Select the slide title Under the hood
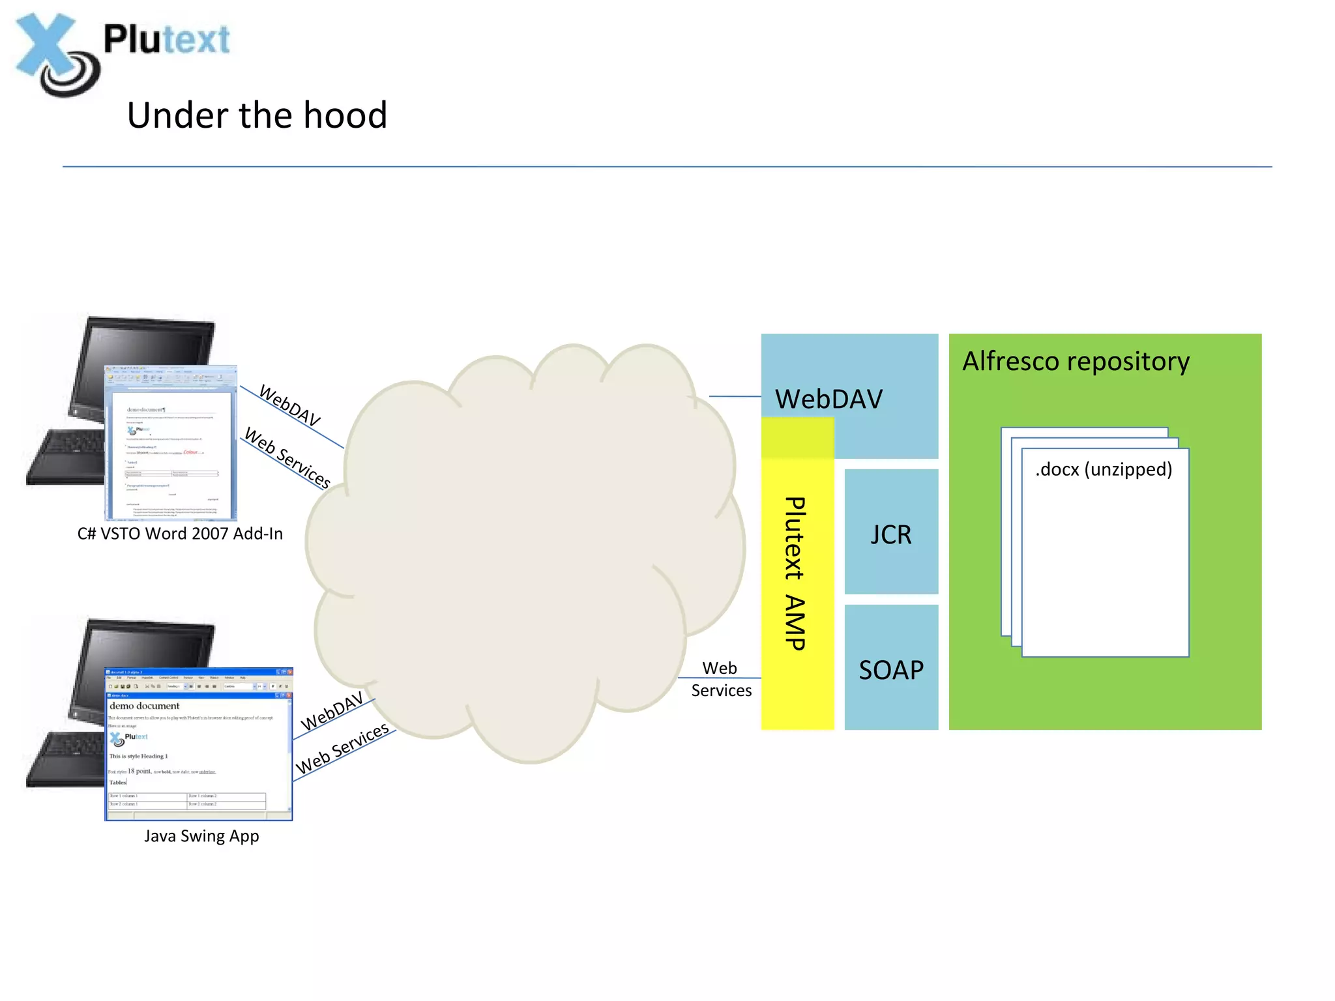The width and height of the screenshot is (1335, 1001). click(x=257, y=115)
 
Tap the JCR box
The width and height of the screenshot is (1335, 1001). click(x=891, y=534)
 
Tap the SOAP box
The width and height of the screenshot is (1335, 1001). click(x=891, y=670)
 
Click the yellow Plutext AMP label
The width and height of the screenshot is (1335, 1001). click(x=796, y=573)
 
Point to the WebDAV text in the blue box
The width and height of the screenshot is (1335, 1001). click(x=829, y=399)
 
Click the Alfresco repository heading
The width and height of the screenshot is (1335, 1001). click(x=1076, y=361)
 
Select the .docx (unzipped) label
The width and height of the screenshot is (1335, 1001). click(x=1104, y=469)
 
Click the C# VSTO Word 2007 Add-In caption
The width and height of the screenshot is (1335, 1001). click(x=180, y=534)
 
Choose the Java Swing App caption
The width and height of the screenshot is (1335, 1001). click(x=201, y=836)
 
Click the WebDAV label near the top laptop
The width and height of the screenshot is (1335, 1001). click(x=290, y=405)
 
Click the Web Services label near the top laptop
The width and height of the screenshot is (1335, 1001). click(x=287, y=457)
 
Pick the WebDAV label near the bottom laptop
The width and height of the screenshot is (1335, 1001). click(x=332, y=711)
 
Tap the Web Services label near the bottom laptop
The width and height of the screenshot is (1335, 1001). click(x=342, y=749)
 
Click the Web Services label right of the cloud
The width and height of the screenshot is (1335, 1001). click(x=721, y=679)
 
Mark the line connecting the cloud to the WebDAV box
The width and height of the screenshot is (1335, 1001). click(x=735, y=396)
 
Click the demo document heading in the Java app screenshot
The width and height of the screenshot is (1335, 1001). click(x=144, y=706)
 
